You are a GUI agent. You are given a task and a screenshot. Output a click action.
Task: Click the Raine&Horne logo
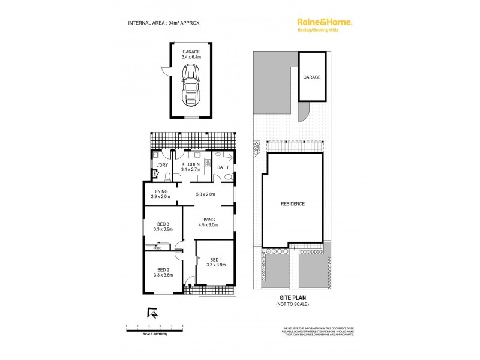click(x=325, y=22)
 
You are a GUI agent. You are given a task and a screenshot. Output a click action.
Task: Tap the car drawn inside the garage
click(x=191, y=82)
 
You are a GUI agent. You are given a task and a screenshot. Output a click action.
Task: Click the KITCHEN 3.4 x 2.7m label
click(x=191, y=167)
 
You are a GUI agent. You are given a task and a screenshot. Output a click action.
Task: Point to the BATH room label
click(x=222, y=167)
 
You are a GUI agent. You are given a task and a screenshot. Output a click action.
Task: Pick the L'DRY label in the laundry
click(x=161, y=165)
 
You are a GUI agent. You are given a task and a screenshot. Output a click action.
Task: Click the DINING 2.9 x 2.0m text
click(x=160, y=194)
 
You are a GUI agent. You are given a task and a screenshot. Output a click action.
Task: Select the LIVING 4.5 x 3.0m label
click(x=208, y=223)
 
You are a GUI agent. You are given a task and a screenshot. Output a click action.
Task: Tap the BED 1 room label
click(x=215, y=262)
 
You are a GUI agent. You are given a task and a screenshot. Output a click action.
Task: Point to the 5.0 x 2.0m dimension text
click(x=206, y=194)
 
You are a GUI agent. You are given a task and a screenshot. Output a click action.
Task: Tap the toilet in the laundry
click(x=155, y=176)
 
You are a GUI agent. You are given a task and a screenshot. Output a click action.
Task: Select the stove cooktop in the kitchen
click(x=207, y=163)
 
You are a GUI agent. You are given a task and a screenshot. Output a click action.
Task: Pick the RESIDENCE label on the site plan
click(x=293, y=204)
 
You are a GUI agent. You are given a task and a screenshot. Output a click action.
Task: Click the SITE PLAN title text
click(x=293, y=297)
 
